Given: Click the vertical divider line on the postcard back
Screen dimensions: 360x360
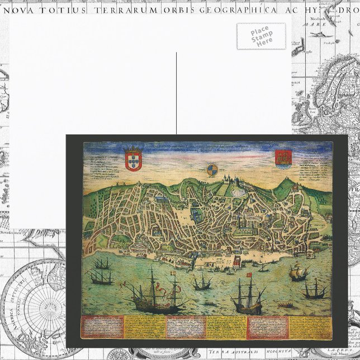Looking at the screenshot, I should (177, 92).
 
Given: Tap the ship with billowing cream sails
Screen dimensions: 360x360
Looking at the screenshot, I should (300, 273).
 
